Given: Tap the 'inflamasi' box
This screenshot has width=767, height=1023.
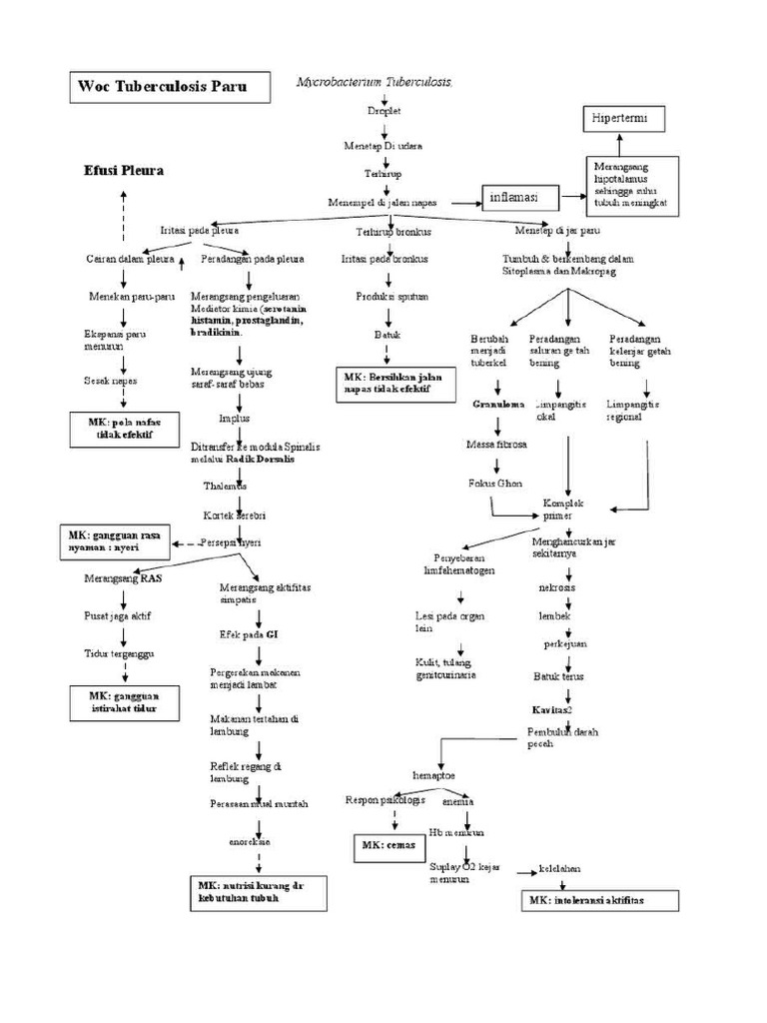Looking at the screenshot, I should point(519,198).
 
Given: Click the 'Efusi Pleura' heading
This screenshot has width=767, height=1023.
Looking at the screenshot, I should point(124,171).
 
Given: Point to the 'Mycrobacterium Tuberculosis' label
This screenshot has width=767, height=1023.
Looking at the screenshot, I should point(375,81).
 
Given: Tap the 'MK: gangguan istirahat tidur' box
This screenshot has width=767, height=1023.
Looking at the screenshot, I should point(126,702).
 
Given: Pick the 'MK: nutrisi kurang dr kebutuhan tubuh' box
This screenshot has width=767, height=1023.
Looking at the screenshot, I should point(260,892).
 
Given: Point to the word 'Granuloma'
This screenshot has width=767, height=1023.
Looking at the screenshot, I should point(492,405).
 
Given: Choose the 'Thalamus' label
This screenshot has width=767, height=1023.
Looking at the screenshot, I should point(225,485).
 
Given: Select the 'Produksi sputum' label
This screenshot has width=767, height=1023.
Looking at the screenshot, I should point(384,298).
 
